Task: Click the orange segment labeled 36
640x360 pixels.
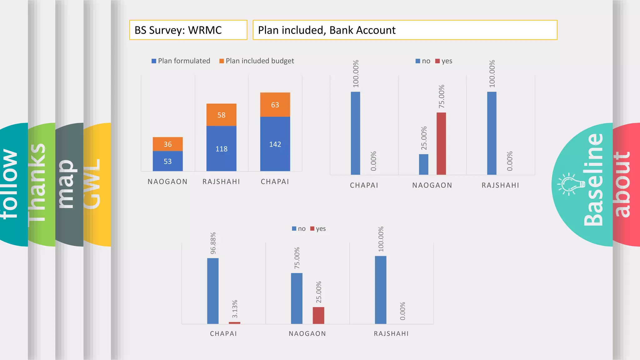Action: coord(167,144)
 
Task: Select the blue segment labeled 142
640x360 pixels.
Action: coord(275,144)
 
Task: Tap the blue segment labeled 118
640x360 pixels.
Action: coord(221,149)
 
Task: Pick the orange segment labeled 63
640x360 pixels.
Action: coord(275,105)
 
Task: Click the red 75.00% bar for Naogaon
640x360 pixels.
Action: coord(441,144)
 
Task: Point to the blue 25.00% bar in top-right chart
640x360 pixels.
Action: coord(423,164)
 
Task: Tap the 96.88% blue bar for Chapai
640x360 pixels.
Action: coord(213,291)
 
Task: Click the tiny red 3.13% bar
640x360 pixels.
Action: coord(234,323)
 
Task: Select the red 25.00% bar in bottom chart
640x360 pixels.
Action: coord(318,315)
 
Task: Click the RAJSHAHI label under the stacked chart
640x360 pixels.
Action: coord(221,182)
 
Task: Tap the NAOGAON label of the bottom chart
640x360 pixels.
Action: coord(307,333)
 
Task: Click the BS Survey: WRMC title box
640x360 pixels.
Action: coord(188,30)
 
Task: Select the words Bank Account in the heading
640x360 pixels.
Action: coord(362,30)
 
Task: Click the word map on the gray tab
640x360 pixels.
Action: coord(66,184)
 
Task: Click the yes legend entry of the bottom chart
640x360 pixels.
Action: coord(318,229)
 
